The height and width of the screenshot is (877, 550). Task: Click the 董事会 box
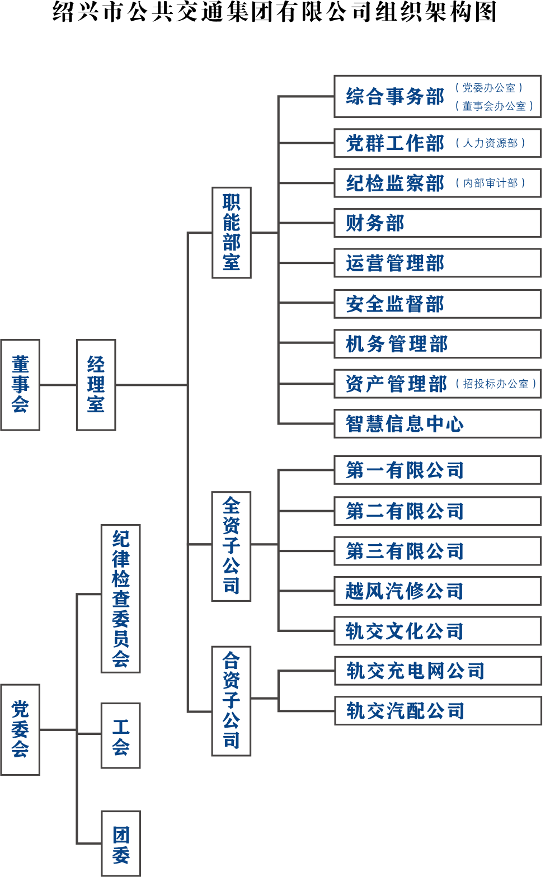[x=20, y=385]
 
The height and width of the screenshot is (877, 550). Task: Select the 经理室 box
[x=96, y=385]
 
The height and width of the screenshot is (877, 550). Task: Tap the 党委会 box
[x=20, y=729]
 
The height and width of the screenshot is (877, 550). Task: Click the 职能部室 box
[x=231, y=232]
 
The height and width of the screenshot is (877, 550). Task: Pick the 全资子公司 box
[x=231, y=546]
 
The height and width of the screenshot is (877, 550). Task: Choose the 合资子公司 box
[x=231, y=700]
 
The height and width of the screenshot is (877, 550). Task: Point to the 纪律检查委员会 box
[x=120, y=598]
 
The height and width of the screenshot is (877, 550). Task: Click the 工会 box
[x=120, y=735]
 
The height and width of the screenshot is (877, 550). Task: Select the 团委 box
[x=120, y=843]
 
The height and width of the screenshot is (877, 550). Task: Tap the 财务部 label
[x=375, y=223]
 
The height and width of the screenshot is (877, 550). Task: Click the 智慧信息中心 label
[x=405, y=424]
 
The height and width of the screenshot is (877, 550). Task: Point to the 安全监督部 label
[x=394, y=304]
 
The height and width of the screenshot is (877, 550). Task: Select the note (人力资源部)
[x=491, y=143]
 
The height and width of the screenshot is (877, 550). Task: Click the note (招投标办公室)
[x=496, y=384]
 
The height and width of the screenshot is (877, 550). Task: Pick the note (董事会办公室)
[x=494, y=106]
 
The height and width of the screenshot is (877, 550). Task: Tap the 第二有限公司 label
[x=405, y=511]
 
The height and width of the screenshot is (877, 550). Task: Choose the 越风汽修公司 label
[x=405, y=591]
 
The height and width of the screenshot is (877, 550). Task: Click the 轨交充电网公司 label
[x=415, y=671]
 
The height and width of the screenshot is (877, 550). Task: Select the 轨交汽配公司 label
[x=405, y=711]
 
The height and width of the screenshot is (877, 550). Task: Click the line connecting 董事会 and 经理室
[x=58, y=385]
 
